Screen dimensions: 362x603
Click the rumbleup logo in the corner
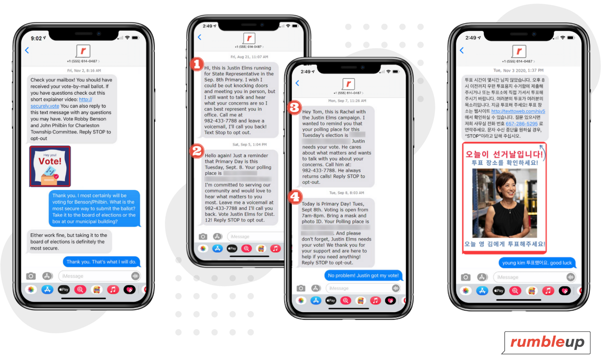pos(547,342)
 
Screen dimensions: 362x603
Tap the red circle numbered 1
pos(197,64)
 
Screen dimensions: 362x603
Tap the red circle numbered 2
pos(197,151)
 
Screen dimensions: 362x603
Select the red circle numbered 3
pos(294,107)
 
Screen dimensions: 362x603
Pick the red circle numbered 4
pos(295,196)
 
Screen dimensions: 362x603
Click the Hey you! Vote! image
pos(50,166)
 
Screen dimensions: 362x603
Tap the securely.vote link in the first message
pos(45,106)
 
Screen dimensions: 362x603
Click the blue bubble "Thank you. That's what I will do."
pos(101,262)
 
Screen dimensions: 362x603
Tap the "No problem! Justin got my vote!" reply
pos(363,276)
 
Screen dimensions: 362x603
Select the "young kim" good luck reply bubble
pos(537,263)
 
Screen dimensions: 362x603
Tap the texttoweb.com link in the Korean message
pos(518,111)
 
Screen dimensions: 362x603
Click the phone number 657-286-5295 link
pos(521,124)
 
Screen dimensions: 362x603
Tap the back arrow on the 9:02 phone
pos(27,50)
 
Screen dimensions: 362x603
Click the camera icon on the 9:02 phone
pos(31,276)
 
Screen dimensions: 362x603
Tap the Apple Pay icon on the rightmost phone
pos(499,291)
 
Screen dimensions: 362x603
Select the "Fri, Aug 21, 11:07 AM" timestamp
pos(249,57)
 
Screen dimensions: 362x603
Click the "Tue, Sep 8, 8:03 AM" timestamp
pos(346,193)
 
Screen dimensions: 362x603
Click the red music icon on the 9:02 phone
pos(113,290)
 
